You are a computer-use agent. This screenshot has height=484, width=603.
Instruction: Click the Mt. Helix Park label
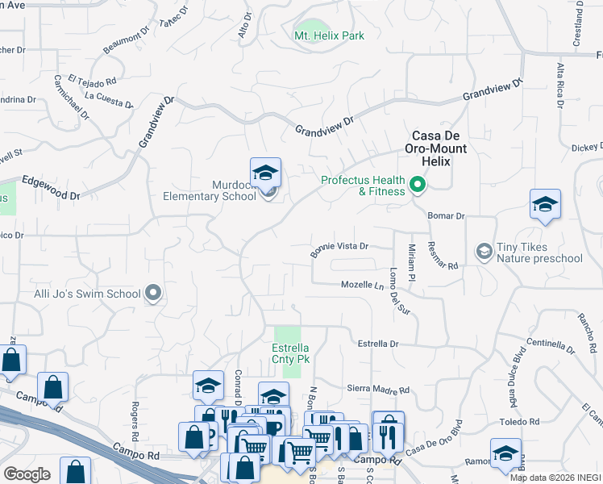pyautogui.click(x=329, y=35)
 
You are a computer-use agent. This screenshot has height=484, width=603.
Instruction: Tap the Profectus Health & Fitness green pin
pyautogui.click(x=418, y=186)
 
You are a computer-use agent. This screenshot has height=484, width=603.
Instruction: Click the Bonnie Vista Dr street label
pyautogui.click(x=339, y=249)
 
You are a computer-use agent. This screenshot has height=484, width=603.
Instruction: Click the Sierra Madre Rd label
pyautogui.click(x=378, y=389)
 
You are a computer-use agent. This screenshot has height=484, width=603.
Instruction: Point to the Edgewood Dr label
pyautogui.click(x=52, y=189)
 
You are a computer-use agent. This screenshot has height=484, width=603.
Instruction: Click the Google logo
pyautogui.click(x=27, y=474)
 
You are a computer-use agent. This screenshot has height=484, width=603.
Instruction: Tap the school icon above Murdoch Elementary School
pyautogui.click(x=265, y=173)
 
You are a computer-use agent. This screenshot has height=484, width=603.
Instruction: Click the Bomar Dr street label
pyautogui.click(x=448, y=216)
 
